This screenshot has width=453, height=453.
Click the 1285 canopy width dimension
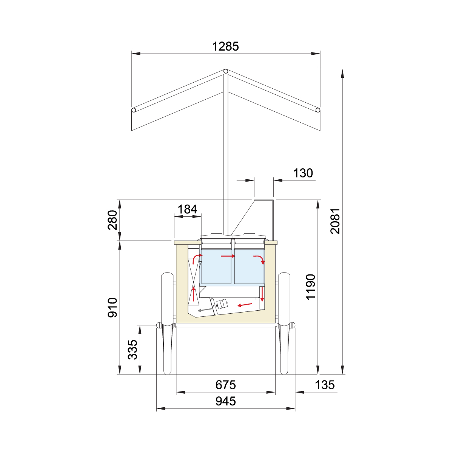(x=225, y=46)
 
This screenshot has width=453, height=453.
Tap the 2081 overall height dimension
(x=335, y=221)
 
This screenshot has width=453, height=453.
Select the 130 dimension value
(x=303, y=173)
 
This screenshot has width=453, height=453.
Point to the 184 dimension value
(x=187, y=209)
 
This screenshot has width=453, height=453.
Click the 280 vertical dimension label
(x=112, y=220)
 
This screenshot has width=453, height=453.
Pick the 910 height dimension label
(x=112, y=308)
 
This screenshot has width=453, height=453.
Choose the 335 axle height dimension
(x=133, y=350)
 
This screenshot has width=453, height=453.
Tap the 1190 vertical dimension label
(x=311, y=287)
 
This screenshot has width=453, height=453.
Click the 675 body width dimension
(x=225, y=385)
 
